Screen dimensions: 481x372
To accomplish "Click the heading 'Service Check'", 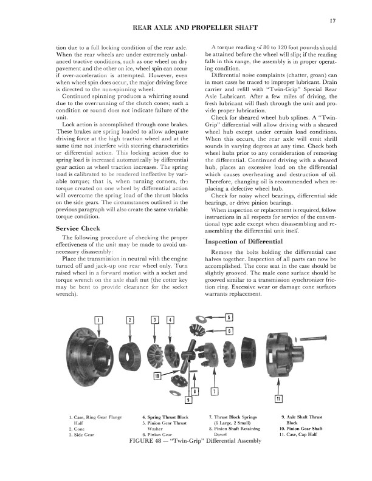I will [83, 228].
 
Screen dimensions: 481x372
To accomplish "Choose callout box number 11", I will [278, 398].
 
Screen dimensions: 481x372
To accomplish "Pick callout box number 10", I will [157, 377].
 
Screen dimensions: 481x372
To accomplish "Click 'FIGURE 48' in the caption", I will [150, 439].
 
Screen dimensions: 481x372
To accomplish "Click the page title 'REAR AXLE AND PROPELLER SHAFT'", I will [185, 28].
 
